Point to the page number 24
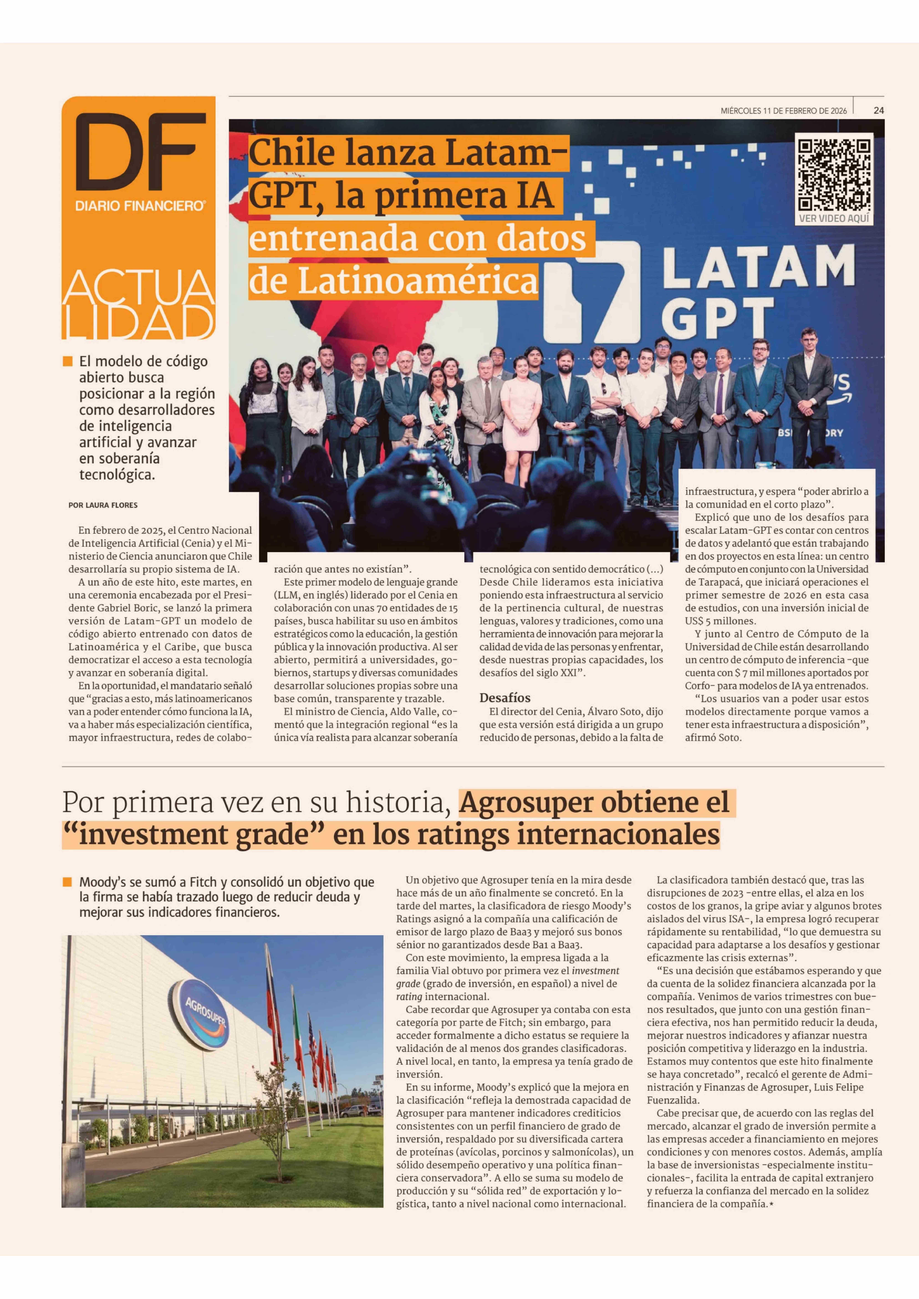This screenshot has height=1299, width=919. (878, 111)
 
